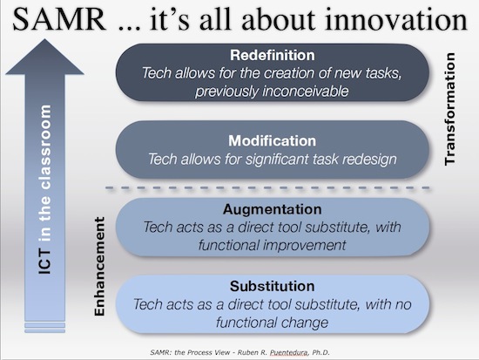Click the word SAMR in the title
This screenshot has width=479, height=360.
coord(59,19)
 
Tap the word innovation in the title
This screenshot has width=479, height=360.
coord(396,19)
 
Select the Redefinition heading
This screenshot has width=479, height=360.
coord(273,56)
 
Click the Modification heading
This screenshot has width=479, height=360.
coord(273,141)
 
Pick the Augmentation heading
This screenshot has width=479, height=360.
coord(273,209)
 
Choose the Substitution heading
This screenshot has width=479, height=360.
coord(273,286)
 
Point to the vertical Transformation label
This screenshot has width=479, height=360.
coord(450,109)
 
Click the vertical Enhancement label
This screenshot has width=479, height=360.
coord(100,267)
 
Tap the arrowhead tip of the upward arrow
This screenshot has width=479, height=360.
coord(44,39)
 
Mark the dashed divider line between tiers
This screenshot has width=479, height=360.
coord(267,187)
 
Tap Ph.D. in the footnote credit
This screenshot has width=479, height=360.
coord(320,352)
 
